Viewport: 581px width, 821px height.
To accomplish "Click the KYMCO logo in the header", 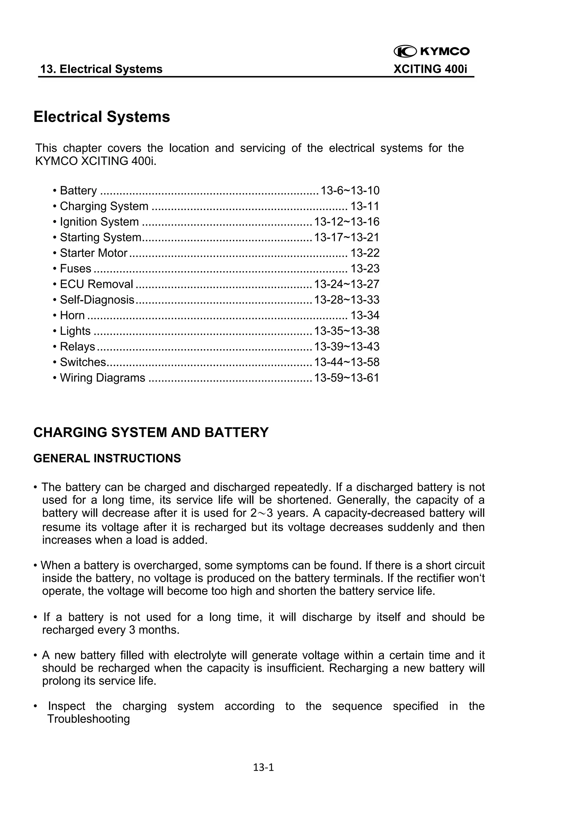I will pyautogui.click(x=431, y=52).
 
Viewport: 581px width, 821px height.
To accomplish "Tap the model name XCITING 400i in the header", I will pyautogui.click(x=430, y=69).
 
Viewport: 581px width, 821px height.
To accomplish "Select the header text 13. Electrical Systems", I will pyautogui.click(x=101, y=69).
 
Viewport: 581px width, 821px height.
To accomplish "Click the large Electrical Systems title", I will pyautogui.click(x=102, y=117).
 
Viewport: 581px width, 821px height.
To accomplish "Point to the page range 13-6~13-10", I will pyautogui.click(x=350, y=191).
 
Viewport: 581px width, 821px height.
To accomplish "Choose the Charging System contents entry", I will pyautogui.click(x=104, y=206).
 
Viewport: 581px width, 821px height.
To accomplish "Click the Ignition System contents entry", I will pyautogui.click(x=99, y=222).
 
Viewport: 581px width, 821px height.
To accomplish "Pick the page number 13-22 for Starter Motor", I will pyautogui.click(x=365, y=253).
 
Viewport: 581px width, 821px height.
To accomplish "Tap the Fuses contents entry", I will pyautogui.click(x=75, y=269).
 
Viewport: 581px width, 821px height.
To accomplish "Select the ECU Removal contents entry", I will pyautogui.click(x=96, y=284).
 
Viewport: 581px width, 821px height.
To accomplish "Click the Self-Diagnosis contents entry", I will pyautogui.click(x=97, y=300).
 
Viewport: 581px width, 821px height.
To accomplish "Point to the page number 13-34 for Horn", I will pyautogui.click(x=365, y=315).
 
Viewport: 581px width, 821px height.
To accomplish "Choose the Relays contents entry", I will pyautogui.click(x=77, y=347).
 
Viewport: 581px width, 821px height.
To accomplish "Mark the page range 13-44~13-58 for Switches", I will pyautogui.click(x=346, y=362).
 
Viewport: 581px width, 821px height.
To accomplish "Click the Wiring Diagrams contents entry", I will pyautogui.click(x=102, y=378).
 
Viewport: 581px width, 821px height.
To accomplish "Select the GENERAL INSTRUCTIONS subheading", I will pyautogui.click(x=107, y=459).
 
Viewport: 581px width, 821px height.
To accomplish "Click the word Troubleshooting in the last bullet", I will pyautogui.click(x=89, y=719).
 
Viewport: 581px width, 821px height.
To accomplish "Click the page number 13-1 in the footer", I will pyautogui.click(x=263, y=767).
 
